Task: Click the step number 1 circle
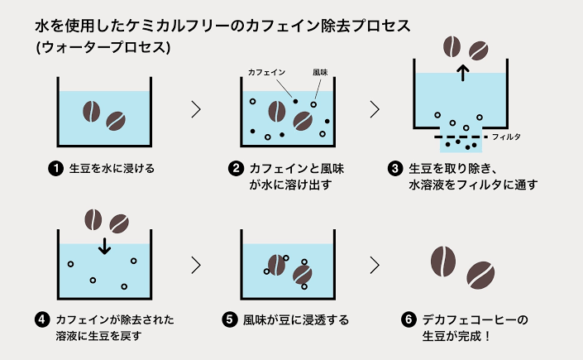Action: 56,169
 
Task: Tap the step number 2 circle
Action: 236,169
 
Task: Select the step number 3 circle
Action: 394,169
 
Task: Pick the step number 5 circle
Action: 230,319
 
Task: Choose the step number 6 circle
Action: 407,319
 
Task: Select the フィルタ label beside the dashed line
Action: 507,136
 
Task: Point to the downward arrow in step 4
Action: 104,245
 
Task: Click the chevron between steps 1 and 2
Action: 196,108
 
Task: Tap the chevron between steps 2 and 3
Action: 375,108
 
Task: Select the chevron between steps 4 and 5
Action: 196,265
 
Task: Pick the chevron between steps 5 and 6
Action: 375,265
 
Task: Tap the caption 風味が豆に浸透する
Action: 296,319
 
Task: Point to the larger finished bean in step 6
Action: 443,261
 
